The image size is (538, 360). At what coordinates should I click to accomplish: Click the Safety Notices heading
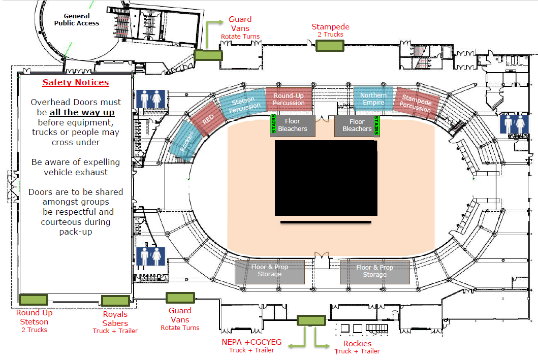[x=75, y=83]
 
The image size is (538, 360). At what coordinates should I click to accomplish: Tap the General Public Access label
[x=77, y=20]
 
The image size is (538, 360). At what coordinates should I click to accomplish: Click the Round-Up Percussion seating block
[x=289, y=99]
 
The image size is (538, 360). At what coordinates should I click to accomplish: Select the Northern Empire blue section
[x=373, y=99]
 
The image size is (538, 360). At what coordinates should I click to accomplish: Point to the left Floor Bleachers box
[x=293, y=125]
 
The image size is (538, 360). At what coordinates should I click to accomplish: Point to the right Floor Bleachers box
[x=357, y=125]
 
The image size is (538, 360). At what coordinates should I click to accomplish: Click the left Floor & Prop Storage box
[x=269, y=271]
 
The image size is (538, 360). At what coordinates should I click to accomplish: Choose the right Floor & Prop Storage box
[x=374, y=271]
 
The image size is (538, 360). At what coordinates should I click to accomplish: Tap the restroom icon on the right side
[x=514, y=124]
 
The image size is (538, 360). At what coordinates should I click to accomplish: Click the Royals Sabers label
[x=115, y=319]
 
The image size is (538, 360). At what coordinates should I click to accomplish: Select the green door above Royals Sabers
[x=115, y=301]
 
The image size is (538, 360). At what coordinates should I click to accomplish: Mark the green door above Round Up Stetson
[x=33, y=300]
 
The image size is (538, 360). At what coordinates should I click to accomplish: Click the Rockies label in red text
[x=357, y=344]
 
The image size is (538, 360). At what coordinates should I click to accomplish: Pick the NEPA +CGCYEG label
[x=251, y=342]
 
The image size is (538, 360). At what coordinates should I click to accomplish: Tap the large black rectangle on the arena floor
[x=326, y=178]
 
